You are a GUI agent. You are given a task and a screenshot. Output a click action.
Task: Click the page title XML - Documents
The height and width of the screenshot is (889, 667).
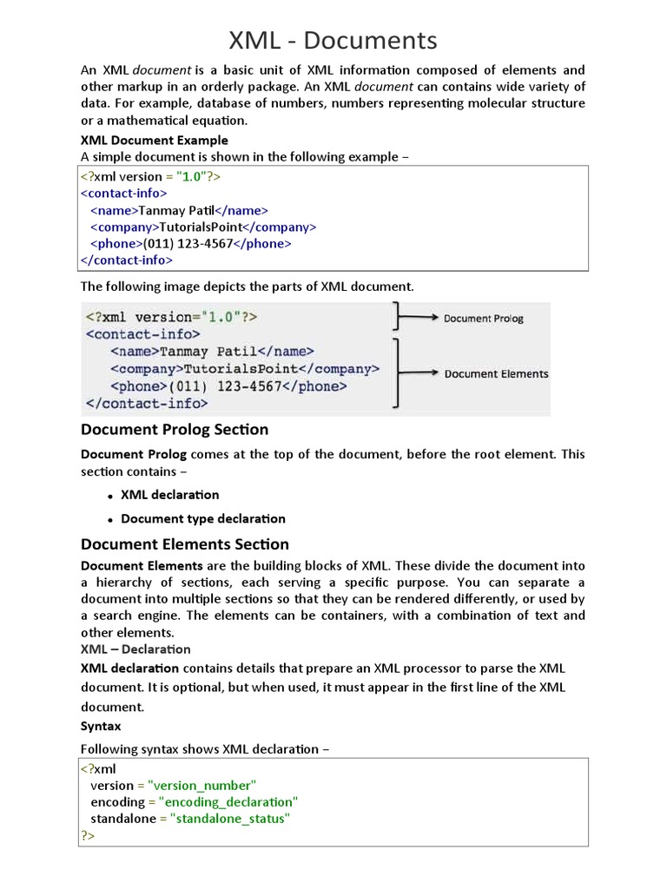click(x=333, y=40)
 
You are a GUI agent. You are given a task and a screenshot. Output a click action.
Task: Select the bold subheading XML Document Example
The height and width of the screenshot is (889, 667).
click(x=155, y=140)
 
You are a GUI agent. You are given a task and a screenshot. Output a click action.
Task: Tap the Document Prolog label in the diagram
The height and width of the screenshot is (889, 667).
click(x=483, y=319)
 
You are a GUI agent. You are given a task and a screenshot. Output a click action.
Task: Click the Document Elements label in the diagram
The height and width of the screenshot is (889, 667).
click(x=496, y=374)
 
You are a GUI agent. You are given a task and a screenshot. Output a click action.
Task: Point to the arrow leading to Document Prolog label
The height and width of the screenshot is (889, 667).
click(x=419, y=319)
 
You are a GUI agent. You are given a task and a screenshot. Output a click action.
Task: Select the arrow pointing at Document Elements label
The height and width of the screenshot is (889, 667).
click(x=419, y=373)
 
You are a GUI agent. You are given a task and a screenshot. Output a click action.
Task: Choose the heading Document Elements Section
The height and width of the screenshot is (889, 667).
click(x=185, y=544)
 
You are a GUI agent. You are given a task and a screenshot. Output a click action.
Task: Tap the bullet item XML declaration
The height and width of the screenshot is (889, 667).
click(x=169, y=495)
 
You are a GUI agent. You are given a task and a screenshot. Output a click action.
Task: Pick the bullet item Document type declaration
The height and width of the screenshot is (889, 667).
click(x=202, y=519)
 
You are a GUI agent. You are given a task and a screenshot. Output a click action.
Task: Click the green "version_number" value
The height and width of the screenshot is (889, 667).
click(x=202, y=785)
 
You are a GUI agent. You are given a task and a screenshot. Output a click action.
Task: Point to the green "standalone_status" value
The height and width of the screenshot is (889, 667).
click(x=230, y=818)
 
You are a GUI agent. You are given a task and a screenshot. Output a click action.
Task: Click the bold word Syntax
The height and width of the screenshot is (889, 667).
click(x=101, y=726)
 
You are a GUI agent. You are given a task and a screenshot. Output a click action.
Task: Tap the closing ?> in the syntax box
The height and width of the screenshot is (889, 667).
click(x=88, y=835)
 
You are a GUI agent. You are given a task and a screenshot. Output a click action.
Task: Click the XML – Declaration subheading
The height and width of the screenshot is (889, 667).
click(x=135, y=649)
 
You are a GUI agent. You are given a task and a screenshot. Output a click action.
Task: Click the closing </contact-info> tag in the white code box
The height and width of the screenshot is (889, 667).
click(x=127, y=260)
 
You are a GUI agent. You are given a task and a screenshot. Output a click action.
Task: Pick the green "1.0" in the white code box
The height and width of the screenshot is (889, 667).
click(x=191, y=176)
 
